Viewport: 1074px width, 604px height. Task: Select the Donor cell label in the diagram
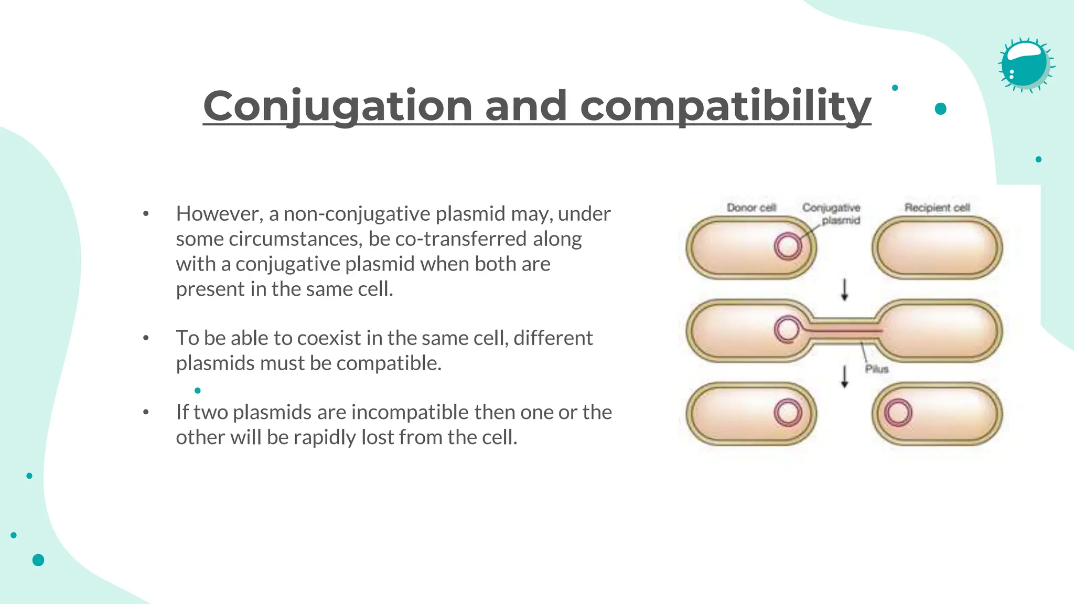[x=751, y=208]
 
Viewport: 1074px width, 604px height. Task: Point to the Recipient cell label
[x=937, y=208]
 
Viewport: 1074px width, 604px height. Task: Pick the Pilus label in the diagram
[x=877, y=369]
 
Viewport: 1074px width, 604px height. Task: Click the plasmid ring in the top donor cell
[x=788, y=246]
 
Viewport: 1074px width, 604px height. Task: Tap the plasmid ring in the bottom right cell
[x=898, y=413]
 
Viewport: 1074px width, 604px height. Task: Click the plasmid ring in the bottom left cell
[x=788, y=413]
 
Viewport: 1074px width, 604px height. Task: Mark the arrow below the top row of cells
[x=844, y=290]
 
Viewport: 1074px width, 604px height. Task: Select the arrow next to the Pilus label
[x=844, y=376]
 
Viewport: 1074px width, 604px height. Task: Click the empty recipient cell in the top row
[x=937, y=247]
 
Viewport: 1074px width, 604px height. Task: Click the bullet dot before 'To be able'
[x=146, y=338]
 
